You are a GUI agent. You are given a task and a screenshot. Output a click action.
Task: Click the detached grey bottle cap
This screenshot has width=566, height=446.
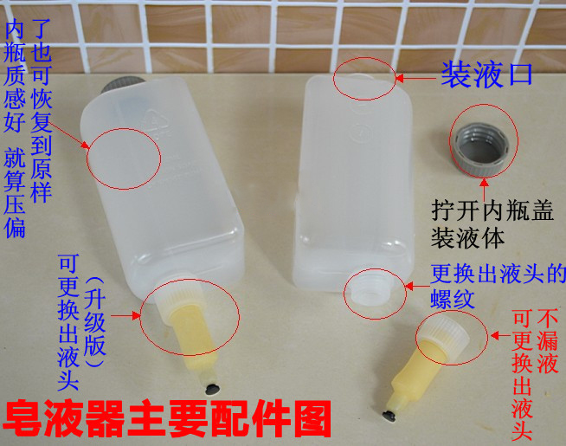pyautogui.click(x=481, y=149)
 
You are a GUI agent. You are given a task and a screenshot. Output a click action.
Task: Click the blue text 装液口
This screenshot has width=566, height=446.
pyautogui.click(x=487, y=74)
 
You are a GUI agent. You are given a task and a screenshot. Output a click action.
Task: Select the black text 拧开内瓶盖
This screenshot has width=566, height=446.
pyautogui.click(x=492, y=211)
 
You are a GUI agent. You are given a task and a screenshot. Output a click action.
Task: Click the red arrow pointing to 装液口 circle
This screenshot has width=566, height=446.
pyautogui.click(x=416, y=78)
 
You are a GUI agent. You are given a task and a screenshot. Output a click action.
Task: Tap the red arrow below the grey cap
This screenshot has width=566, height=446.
pyautogui.click(x=485, y=188)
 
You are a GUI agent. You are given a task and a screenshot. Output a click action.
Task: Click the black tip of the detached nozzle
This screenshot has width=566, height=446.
pyautogui.click(x=389, y=416)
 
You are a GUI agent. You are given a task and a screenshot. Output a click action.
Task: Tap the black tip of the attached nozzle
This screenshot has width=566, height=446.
pyautogui.click(x=212, y=390)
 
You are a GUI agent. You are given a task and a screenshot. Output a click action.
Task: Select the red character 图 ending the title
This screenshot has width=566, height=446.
pyautogui.click(x=312, y=419)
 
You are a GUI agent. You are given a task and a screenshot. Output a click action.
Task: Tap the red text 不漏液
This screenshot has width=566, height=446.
pyautogui.click(x=548, y=342)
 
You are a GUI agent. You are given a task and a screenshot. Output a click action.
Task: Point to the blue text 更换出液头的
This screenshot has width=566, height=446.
pyautogui.click(x=498, y=275)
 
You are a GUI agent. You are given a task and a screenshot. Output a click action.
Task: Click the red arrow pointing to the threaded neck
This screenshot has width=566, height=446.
pyautogui.click(x=417, y=287)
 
